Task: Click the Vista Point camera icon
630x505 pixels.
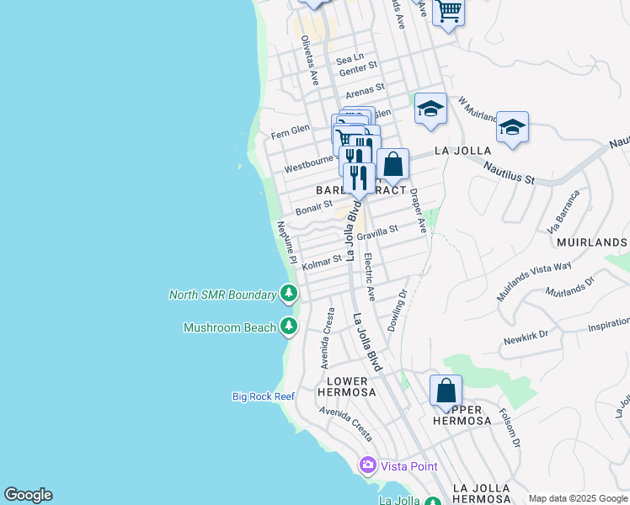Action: tap(367, 465)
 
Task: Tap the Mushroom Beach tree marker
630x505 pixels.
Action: tap(289, 327)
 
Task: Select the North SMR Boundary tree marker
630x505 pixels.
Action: tap(289, 294)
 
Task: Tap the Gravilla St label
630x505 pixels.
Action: tap(377, 232)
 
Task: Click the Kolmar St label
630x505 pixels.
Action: tap(322, 262)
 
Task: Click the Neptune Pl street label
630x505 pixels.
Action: tap(286, 242)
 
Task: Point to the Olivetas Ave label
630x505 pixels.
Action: tap(310, 61)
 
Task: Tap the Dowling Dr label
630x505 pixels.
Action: tap(398, 310)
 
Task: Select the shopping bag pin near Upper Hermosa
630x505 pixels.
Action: tap(446, 391)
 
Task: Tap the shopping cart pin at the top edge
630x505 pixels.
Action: tap(449, 12)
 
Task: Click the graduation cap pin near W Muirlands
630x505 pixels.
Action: tap(512, 128)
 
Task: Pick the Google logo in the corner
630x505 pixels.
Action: tap(28, 495)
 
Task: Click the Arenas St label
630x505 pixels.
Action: tap(365, 88)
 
